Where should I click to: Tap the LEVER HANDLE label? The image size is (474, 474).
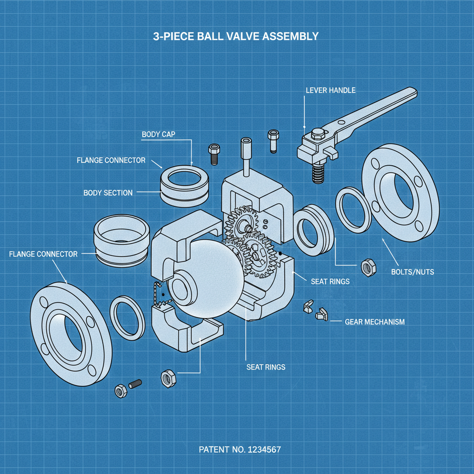pyautogui.click(x=331, y=90)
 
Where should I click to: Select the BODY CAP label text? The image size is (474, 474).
pyautogui.click(x=158, y=134)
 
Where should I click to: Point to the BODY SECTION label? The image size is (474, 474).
pyautogui.click(x=108, y=193)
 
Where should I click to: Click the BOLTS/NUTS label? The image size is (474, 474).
pyautogui.click(x=412, y=272)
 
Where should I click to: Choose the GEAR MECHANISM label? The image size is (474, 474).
pyautogui.click(x=374, y=322)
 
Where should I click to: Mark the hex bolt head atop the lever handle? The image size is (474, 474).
pyautogui.click(x=318, y=134)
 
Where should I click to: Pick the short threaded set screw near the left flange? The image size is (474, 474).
pyautogui.click(x=135, y=384)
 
